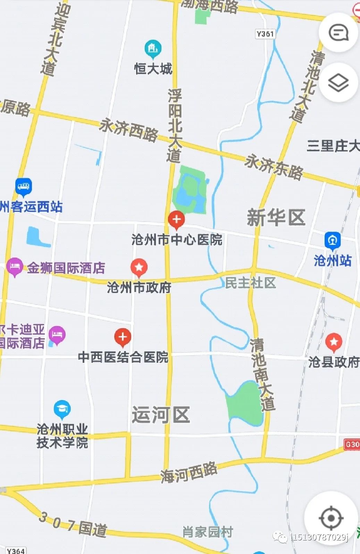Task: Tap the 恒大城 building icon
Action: [x=153, y=49]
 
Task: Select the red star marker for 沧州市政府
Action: [x=139, y=267]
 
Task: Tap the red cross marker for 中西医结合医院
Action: [x=123, y=337]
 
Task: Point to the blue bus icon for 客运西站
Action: [x=24, y=187]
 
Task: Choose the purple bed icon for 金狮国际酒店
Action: [x=15, y=267]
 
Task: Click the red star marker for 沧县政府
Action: [x=334, y=342]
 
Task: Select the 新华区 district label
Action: [x=276, y=218]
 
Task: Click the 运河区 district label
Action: [x=161, y=414]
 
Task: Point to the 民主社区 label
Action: [x=250, y=283]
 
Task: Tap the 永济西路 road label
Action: [x=128, y=130]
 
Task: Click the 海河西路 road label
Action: [x=189, y=472]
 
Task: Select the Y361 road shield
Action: [x=265, y=34]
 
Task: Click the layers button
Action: [x=338, y=83]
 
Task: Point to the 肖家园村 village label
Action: [x=208, y=532]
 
